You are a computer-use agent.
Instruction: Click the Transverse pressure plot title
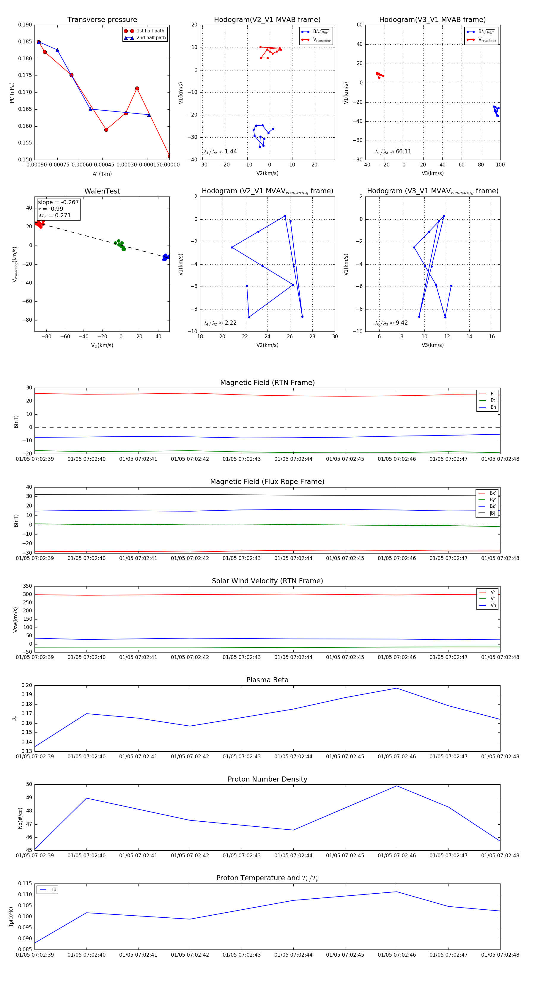(102, 20)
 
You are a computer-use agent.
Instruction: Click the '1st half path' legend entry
(150, 31)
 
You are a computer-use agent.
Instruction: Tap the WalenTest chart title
(102, 191)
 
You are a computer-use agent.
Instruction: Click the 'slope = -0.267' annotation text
(58, 202)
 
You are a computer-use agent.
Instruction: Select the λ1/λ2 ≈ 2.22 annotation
(220, 323)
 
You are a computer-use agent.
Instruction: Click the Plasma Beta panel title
(267, 680)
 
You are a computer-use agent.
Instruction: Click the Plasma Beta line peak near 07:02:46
(397, 688)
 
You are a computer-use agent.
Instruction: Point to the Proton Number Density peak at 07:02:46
(397, 786)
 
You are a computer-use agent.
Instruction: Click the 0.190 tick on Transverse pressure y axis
(25, 25)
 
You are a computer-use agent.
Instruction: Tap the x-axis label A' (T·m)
(102, 174)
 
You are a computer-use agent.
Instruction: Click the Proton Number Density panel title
(267, 779)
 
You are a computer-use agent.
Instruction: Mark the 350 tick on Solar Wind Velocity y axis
(27, 586)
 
